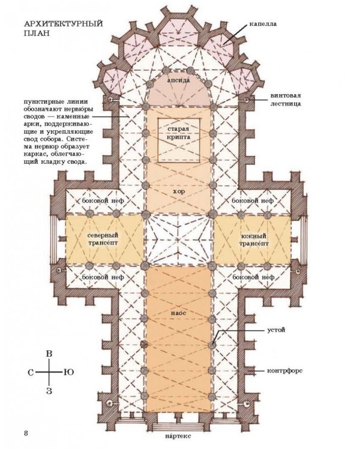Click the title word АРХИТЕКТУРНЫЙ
63,23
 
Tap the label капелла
263,24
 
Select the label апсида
178,80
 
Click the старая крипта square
179,140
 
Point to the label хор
179,191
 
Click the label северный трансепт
103,239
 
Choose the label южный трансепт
254,239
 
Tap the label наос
178,313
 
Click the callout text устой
276,330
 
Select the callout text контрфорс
284,371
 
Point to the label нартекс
178,444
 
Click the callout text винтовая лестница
286,99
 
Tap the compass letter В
49,353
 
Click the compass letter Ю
68,372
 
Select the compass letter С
31,373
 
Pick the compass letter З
49,391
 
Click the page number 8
26,433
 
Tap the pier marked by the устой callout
212,344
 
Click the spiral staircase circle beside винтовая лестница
247,100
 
